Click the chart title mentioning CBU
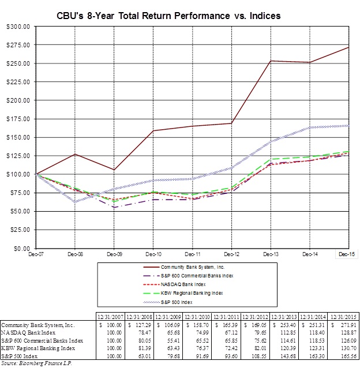(x=179, y=16)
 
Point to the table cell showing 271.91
(x=338, y=325)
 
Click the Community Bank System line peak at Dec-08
(x=75, y=154)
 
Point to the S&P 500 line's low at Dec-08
(x=75, y=202)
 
